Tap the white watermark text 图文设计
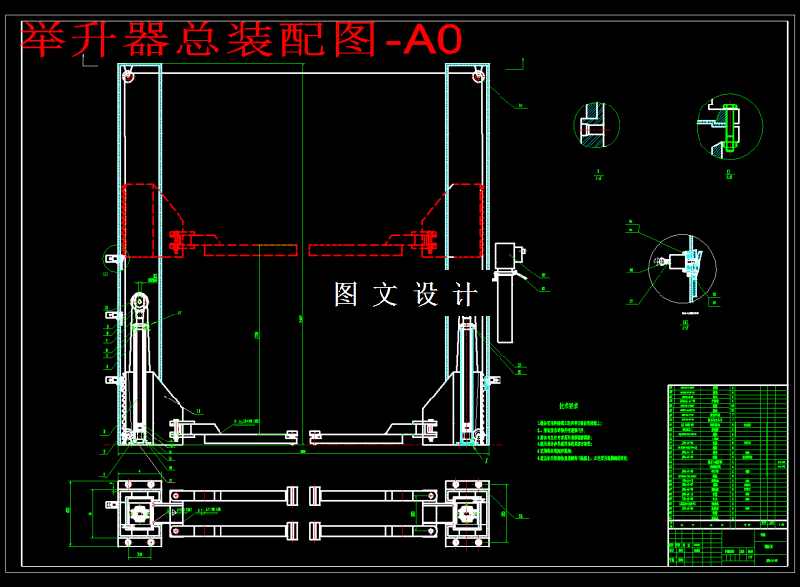pyautogui.click(x=406, y=294)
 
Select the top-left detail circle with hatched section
pyautogui.click(x=596, y=125)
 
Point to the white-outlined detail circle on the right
pyautogui.click(x=682, y=269)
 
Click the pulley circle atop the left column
pyautogui.click(x=127, y=76)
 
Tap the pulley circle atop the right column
pyautogui.click(x=478, y=76)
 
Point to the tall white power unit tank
pyautogui.click(x=504, y=308)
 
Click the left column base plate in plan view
pyautogui.click(x=139, y=513)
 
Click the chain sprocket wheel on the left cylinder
pyautogui.click(x=140, y=301)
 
